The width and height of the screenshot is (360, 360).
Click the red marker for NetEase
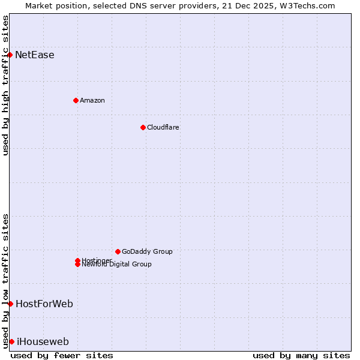click(10, 55)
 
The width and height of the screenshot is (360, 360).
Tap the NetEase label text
click(34, 55)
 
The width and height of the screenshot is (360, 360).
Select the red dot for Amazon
click(76, 100)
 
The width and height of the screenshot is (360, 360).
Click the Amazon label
click(92, 100)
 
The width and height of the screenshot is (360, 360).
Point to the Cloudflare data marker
click(143, 127)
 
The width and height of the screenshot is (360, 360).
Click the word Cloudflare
click(163, 127)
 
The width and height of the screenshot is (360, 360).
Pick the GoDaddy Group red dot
click(118, 251)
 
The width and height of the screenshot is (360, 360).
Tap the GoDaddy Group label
click(147, 251)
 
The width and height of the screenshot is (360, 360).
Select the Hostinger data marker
click(77, 260)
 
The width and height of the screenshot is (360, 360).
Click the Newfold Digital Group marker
click(77, 265)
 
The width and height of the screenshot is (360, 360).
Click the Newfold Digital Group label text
click(116, 265)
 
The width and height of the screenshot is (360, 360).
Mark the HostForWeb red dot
click(10, 304)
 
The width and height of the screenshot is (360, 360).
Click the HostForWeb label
click(44, 304)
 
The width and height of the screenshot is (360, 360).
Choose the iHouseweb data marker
click(11, 341)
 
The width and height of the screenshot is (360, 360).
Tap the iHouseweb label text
click(42, 342)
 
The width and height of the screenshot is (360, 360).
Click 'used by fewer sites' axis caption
click(62, 355)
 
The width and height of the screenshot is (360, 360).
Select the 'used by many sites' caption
click(301, 355)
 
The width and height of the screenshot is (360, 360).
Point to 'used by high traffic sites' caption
click(5, 85)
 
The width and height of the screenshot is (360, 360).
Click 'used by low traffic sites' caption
click(5, 280)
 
